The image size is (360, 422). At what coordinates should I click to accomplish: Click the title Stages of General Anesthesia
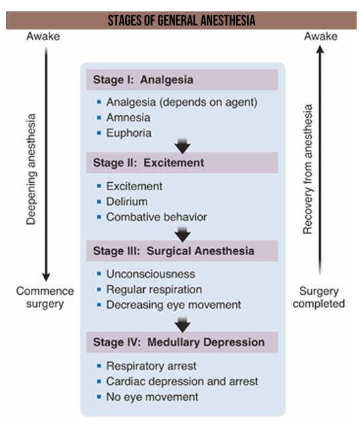point(181,21)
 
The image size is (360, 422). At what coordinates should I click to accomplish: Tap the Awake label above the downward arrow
point(43,36)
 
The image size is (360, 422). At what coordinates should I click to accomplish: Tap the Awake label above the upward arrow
point(321,36)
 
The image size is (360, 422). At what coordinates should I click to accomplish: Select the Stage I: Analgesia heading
point(143,80)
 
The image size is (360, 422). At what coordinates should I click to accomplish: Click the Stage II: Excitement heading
point(149,163)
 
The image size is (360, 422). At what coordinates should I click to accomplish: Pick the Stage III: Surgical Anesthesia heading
point(174,251)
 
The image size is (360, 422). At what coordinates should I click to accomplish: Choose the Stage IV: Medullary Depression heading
point(179,342)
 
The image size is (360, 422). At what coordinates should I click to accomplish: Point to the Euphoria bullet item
point(128,133)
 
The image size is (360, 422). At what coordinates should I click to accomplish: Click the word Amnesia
point(128,118)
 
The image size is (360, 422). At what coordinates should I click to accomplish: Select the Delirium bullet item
point(127,202)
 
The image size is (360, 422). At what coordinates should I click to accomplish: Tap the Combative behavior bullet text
point(157,217)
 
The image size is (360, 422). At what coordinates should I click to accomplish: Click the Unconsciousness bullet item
point(151,274)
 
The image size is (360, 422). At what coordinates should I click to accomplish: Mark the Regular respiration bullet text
point(154,290)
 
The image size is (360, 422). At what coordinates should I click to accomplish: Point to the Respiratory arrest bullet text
point(151,366)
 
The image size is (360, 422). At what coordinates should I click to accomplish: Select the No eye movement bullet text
point(152,397)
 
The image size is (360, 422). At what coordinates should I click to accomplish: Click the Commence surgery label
point(45,297)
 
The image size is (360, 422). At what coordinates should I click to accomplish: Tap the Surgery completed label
point(319,297)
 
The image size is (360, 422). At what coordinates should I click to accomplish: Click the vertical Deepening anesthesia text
point(31,169)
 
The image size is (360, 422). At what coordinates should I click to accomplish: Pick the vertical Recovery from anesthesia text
point(308,169)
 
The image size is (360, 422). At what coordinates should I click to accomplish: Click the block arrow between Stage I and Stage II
point(183,146)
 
